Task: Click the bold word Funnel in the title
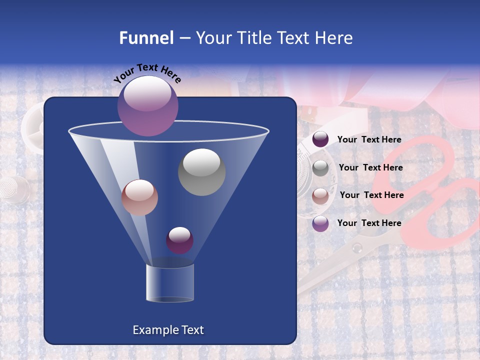click(x=146, y=38)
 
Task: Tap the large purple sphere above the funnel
click(x=148, y=105)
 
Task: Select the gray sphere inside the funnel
click(x=201, y=172)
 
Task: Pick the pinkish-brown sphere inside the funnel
click(x=139, y=197)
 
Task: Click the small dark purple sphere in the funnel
click(x=179, y=240)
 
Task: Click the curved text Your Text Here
click(x=147, y=73)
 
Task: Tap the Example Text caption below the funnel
click(x=168, y=330)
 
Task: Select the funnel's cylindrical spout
click(x=170, y=283)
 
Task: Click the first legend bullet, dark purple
click(x=320, y=139)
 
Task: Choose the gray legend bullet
click(x=320, y=168)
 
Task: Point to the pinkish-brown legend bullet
click(x=320, y=195)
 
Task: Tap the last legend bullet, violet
click(x=320, y=223)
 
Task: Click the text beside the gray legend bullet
click(x=370, y=167)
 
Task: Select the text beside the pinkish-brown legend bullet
click(x=371, y=195)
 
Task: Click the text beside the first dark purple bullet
click(x=369, y=139)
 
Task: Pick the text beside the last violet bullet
click(x=369, y=223)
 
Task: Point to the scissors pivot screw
click(x=356, y=248)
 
